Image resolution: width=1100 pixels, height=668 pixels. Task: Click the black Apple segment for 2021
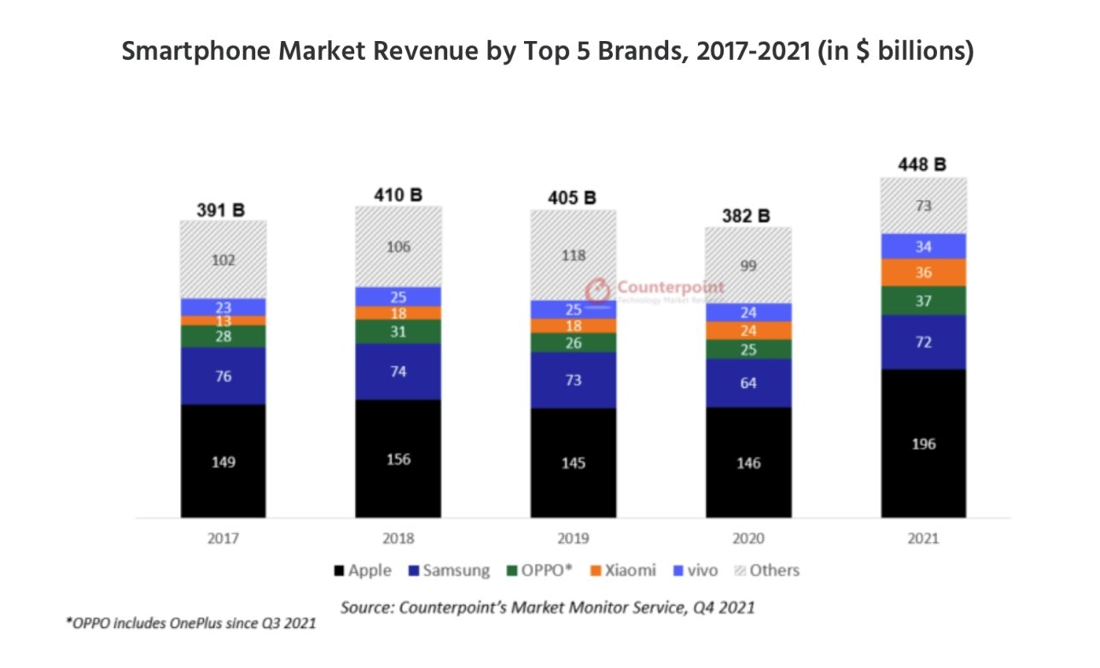click(x=923, y=443)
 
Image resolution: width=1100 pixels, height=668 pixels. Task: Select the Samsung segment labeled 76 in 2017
click(x=223, y=376)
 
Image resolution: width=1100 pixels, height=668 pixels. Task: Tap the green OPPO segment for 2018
click(x=399, y=332)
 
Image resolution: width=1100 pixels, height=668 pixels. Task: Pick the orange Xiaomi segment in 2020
click(x=748, y=331)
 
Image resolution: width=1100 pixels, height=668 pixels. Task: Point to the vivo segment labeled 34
click(x=923, y=247)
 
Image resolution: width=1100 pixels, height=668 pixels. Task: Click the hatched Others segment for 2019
click(x=573, y=254)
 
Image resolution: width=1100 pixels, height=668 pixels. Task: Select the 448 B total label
click(x=922, y=165)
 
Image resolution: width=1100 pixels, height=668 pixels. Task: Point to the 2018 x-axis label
click(x=399, y=539)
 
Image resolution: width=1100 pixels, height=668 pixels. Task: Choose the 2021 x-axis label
click(x=923, y=539)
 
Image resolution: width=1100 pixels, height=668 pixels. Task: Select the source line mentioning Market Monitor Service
click(x=547, y=608)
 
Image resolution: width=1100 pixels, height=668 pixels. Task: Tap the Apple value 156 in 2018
click(x=399, y=459)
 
